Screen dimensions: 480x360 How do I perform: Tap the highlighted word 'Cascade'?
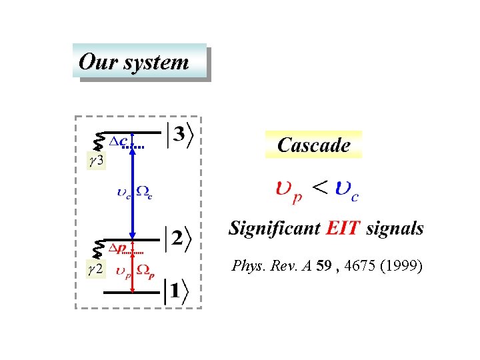pos(313,145)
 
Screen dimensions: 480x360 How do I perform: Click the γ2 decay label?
pos(96,270)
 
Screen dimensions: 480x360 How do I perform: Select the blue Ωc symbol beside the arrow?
pos(145,193)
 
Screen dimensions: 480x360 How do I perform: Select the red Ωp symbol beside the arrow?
pos(146,271)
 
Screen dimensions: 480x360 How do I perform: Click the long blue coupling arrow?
pos(133,193)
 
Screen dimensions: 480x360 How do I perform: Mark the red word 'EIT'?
pos(343,229)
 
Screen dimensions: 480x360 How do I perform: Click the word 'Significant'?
pos(273,229)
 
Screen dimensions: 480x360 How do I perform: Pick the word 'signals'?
pos(395,229)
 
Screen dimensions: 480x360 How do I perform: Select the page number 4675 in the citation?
pos(359,267)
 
